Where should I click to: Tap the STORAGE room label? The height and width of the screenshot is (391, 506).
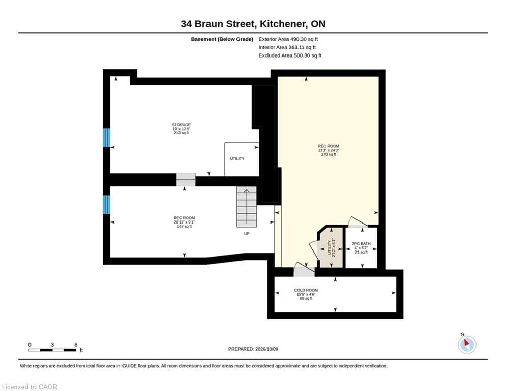tap(181, 125)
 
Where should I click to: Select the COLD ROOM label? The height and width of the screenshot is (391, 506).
tap(306, 290)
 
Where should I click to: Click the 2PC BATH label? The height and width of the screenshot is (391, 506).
tap(361, 244)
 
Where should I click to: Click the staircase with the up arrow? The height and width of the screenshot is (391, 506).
tap(247, 207)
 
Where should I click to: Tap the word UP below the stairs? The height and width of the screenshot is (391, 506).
tap(247, 234)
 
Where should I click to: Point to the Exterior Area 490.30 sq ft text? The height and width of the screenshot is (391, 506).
tap(288, 39)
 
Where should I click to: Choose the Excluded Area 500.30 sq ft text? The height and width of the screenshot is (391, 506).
tap(290, 55)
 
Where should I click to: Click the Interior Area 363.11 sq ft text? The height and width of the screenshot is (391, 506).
tap(287, 47)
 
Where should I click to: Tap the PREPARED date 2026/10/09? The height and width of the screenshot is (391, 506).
tap(253, 349)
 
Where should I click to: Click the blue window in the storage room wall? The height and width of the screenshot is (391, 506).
tap(106, 137)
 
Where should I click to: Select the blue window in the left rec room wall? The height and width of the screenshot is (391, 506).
tap(106, 205)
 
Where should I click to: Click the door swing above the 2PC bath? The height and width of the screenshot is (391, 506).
tap(357, 222)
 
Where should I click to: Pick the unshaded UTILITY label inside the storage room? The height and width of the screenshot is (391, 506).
tap(237, 159)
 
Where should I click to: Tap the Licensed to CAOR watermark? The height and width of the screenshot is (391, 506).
tap(29, 387)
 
